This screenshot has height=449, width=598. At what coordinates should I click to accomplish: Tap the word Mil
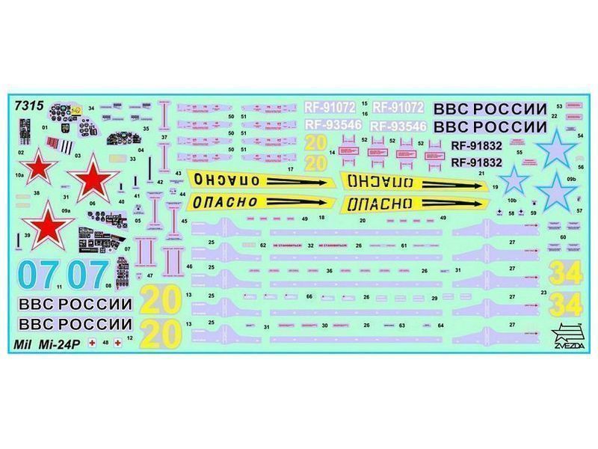click(25, 345)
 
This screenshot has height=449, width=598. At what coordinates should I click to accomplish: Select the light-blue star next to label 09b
click(556, 192)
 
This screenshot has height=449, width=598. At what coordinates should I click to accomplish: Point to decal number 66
click(309, 297)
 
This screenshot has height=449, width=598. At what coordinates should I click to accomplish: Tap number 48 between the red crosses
click(105, 343)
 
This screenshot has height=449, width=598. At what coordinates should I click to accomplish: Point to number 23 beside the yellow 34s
click(543, 292)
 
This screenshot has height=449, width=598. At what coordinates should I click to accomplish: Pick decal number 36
click(328, 271)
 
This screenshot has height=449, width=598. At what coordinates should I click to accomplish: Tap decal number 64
click(441, 326)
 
